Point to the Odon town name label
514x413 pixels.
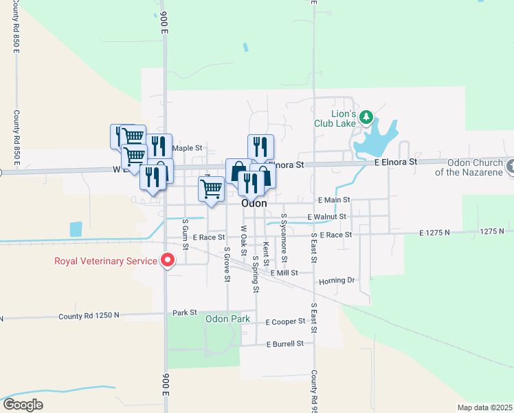point(254,204)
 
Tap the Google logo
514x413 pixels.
point(23,405)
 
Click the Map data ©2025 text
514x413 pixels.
point(484,407)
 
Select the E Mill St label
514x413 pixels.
point(284,273)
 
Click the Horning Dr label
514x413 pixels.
point(336,281)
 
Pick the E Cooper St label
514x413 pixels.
point(285,321)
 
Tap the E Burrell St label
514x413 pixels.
point(285,343)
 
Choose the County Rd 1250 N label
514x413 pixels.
point(89,315)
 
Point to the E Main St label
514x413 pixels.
point(334,200)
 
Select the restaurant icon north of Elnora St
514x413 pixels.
point(260,147)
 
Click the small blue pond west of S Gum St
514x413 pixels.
point(76,229)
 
